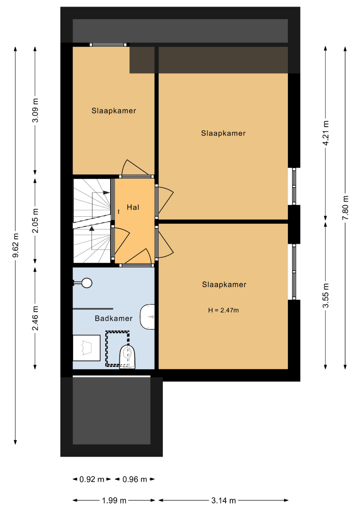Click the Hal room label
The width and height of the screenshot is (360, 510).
(133, 207)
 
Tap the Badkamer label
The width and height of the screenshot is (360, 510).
(114, 318)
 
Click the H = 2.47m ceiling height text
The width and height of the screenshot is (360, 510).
(224, 310)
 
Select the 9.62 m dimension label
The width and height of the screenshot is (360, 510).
(16, 245)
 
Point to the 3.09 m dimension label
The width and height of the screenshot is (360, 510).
(35, 110)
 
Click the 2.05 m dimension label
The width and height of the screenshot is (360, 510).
(35, 221)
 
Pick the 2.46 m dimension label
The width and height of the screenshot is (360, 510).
(35, 318)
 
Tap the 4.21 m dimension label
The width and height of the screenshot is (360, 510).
(326, 133)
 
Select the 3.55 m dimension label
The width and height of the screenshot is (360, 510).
(326, 295)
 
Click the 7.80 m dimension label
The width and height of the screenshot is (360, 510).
(345, 207)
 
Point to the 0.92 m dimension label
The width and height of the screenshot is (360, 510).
(92, 479)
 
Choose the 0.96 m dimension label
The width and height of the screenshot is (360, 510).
(135, 479)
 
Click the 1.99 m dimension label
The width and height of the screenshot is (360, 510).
(114, 500)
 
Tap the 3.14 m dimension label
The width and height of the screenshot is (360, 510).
(224, 500)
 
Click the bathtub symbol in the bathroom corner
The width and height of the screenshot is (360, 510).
(86, 348)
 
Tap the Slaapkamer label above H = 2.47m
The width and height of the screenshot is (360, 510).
(224, 285)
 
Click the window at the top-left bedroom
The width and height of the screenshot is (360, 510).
(109, 45)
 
